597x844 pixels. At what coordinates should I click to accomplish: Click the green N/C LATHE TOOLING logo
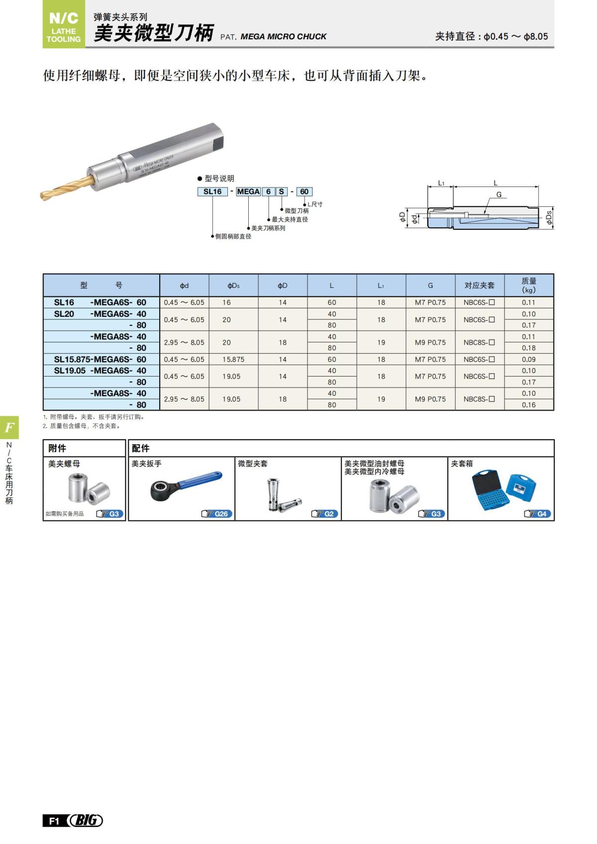(64, 24)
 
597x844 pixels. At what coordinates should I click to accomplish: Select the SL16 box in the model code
(212, 191)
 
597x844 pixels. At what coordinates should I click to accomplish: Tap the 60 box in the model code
(304, 191)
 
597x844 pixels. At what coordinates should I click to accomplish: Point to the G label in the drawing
(498, 194)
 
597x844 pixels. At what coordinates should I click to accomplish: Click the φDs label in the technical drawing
(549, 217)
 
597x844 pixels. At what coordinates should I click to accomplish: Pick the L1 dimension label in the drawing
(441, 183)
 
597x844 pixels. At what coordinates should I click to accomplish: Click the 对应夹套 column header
(480, 285)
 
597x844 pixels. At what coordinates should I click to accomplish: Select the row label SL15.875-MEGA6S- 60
(100, 359)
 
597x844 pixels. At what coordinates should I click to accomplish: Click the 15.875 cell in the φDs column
(233, 359)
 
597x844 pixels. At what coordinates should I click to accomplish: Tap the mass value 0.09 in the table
(529, 359)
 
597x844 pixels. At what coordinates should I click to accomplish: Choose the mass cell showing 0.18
(529, 348)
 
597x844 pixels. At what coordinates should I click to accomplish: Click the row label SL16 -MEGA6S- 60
(100, 302)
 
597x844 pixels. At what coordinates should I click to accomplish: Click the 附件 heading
(57, 448)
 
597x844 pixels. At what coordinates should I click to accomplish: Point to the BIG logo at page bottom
(86, 820)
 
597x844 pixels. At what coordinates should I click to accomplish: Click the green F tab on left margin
(9, 427)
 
